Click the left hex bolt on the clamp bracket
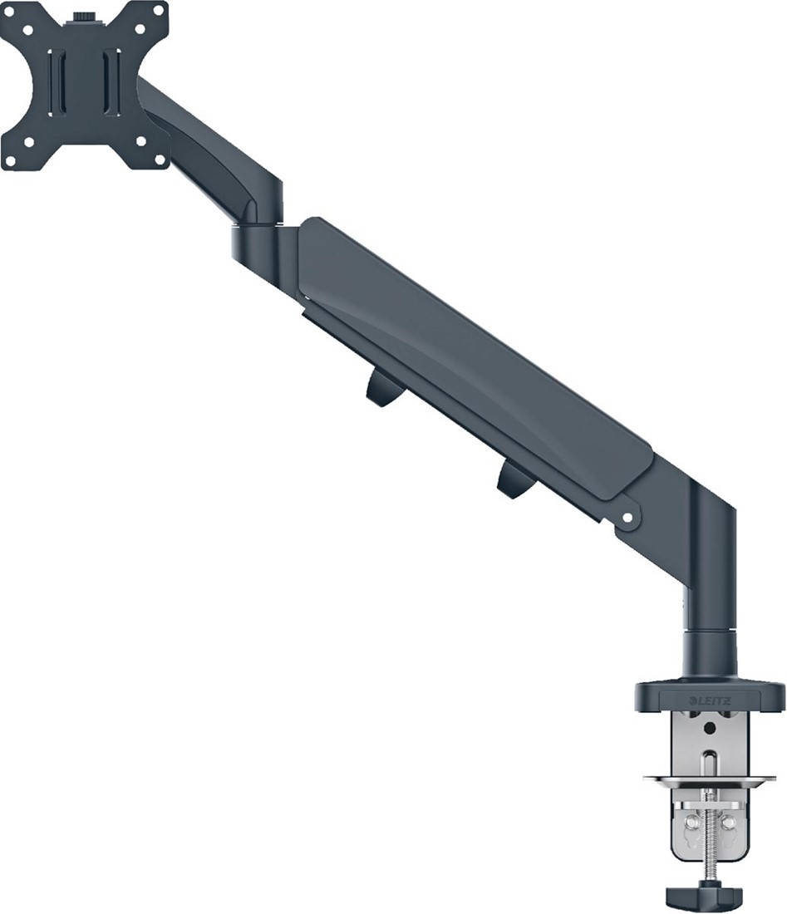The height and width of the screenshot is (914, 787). pyautogui.click(x=689, y=823)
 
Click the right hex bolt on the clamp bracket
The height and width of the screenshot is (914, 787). pyautogui.click(x=728, y=823)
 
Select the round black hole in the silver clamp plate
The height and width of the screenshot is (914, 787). pyautogui.click(x=708, y=728)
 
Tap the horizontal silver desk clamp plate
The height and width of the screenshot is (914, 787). pyautogui.click(x=709, y=780)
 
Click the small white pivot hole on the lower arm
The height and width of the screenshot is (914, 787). pyautogui.click(x=627, y=518)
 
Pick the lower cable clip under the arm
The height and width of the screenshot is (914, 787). pyautogui.click(x=515, y=481)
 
